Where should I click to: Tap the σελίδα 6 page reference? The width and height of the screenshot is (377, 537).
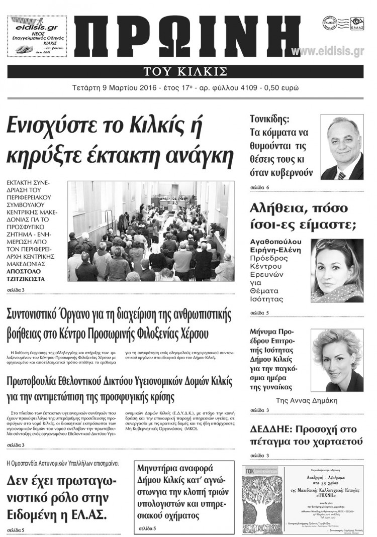click(x=259, y=187)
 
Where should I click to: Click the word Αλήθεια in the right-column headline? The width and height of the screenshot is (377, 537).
click(x=276, y=207)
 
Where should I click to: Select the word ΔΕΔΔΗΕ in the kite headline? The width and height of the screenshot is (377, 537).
click(x=269, y=429)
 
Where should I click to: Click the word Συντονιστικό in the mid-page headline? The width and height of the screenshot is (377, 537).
click(x=38, y=315)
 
